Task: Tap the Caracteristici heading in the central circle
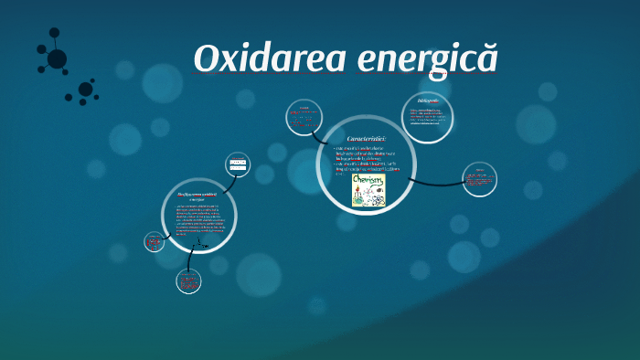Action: tap(367, 139)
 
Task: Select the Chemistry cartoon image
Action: tap(368, 190)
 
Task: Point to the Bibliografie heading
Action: tap(427, 100)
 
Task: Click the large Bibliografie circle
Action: tap(428, 117)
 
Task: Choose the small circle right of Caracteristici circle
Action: tap(479, 179)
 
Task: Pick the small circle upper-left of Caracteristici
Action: tap(304, 116)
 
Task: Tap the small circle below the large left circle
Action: tap(188, 281)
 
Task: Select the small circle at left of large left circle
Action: tap(155, 242)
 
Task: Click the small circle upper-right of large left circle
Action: tap(238, 164)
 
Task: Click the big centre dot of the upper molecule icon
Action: tap(57, 58)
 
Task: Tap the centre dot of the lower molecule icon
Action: tap(85, 90)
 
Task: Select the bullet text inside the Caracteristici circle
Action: tap(366, 159)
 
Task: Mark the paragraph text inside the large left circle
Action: tap(199, 219)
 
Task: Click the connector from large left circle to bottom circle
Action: tap(191, 260)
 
